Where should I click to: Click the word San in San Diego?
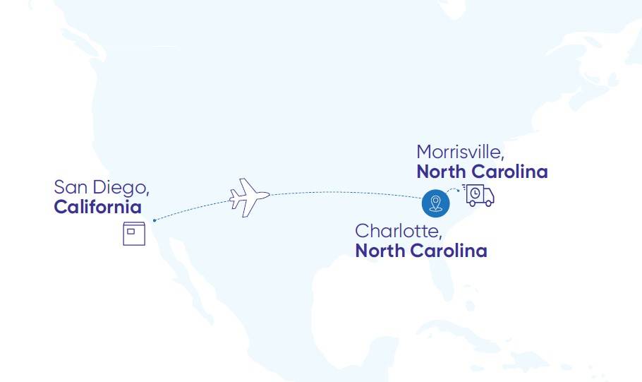(71, 188)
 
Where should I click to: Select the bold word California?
(97, 208)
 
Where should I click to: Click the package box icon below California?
(134, 234)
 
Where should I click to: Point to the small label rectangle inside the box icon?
(131, 230)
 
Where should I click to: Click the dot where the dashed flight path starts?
(155, 220)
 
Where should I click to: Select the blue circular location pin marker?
(435, 203)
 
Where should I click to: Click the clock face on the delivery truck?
(476, 193)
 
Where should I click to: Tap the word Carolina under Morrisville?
(509, 172)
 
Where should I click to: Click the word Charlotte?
(399, 231)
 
